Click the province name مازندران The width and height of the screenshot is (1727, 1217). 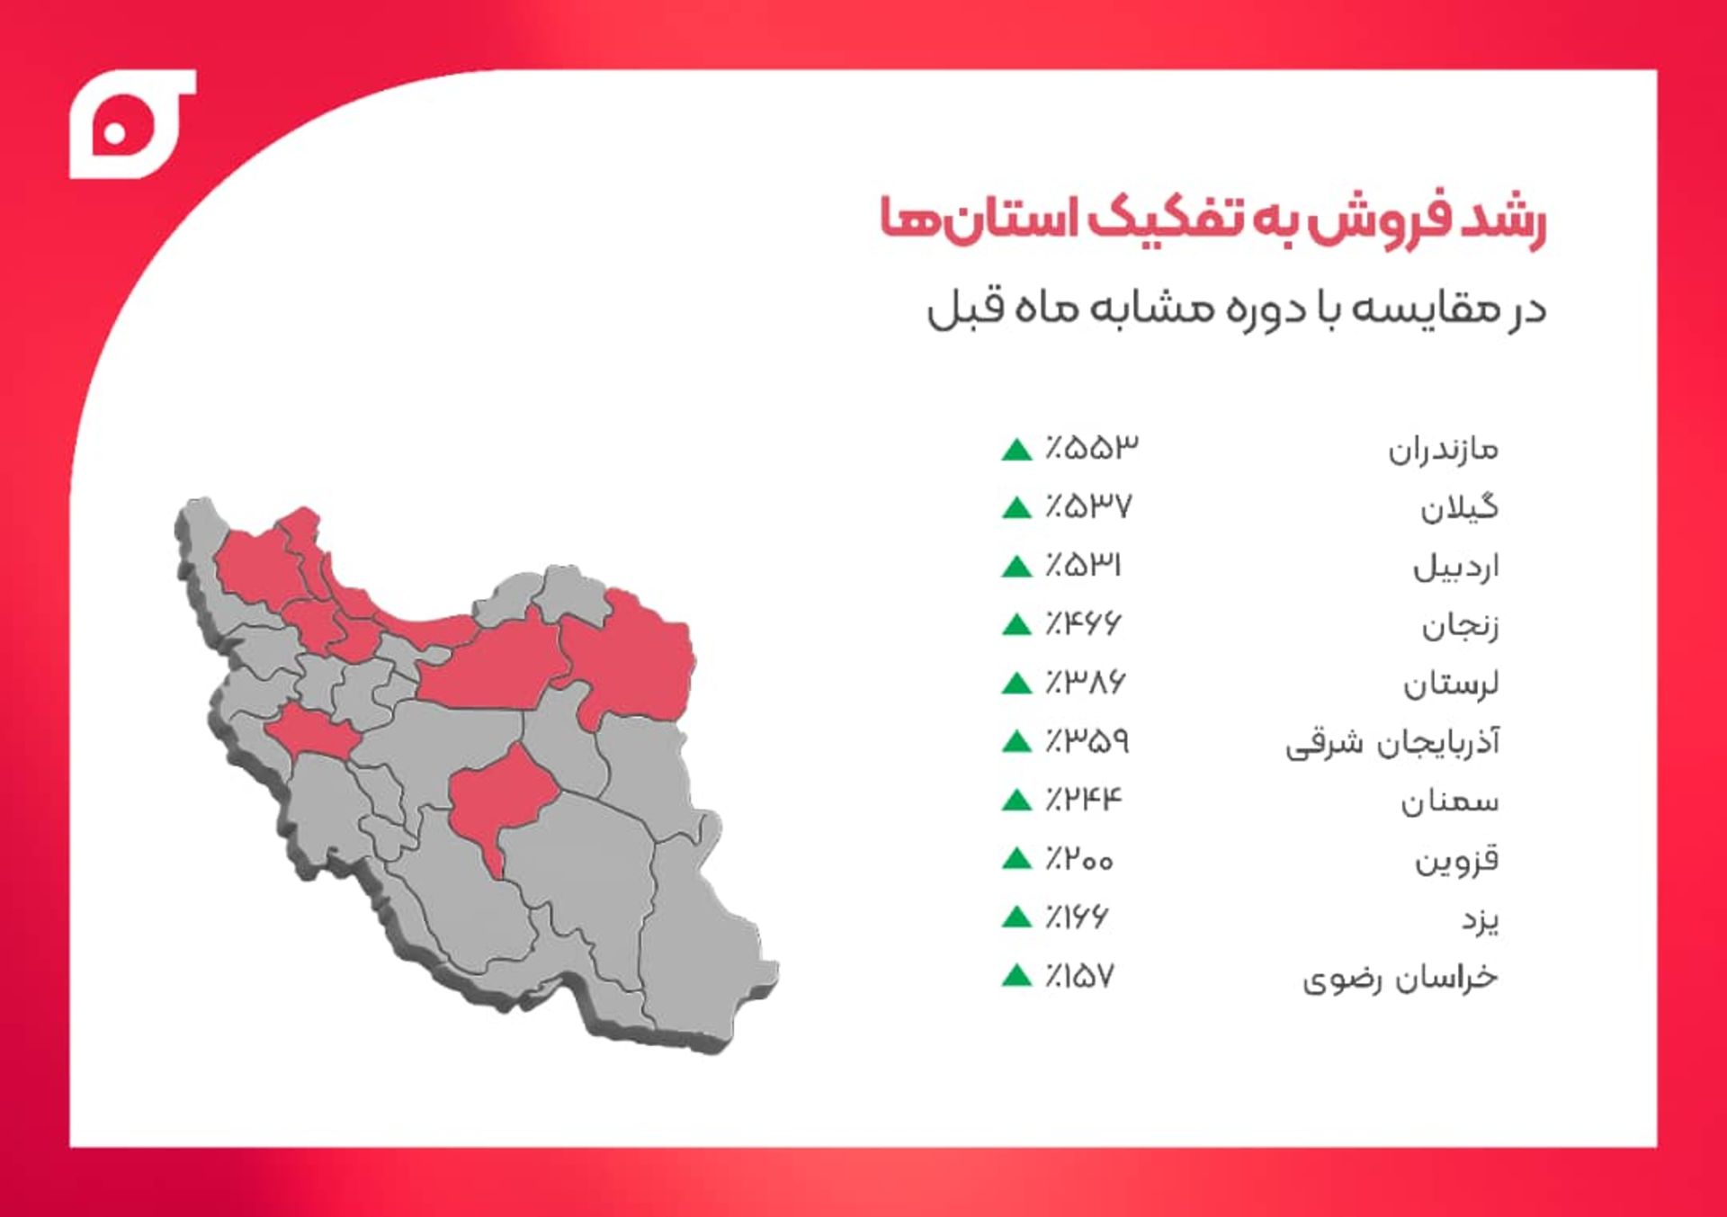tap(1443, 449)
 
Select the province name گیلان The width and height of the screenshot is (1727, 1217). tap(1459, 508)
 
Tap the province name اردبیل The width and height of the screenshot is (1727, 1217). tap(1455, 567)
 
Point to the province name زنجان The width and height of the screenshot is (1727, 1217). tap(1460, 626)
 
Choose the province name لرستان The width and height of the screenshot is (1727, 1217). tap(1451, 685)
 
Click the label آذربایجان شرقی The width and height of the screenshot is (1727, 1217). tap(1392, 743)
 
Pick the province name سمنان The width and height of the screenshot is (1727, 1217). tap(1449, 801)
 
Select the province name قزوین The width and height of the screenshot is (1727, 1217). tap(1456, 861)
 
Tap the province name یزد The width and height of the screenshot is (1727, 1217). tap(1480, 919)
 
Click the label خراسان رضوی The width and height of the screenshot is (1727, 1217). tap(1400, 978)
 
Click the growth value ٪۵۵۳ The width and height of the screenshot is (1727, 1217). tap(1091, 447)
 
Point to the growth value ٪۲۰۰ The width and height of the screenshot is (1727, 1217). tap(1079, 859)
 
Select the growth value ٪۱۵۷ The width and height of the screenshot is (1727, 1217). tap(1079, 976)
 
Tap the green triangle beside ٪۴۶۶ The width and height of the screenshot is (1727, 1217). tap(1016, 624)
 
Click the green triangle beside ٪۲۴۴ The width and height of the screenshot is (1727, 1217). tap(1016, 800)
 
